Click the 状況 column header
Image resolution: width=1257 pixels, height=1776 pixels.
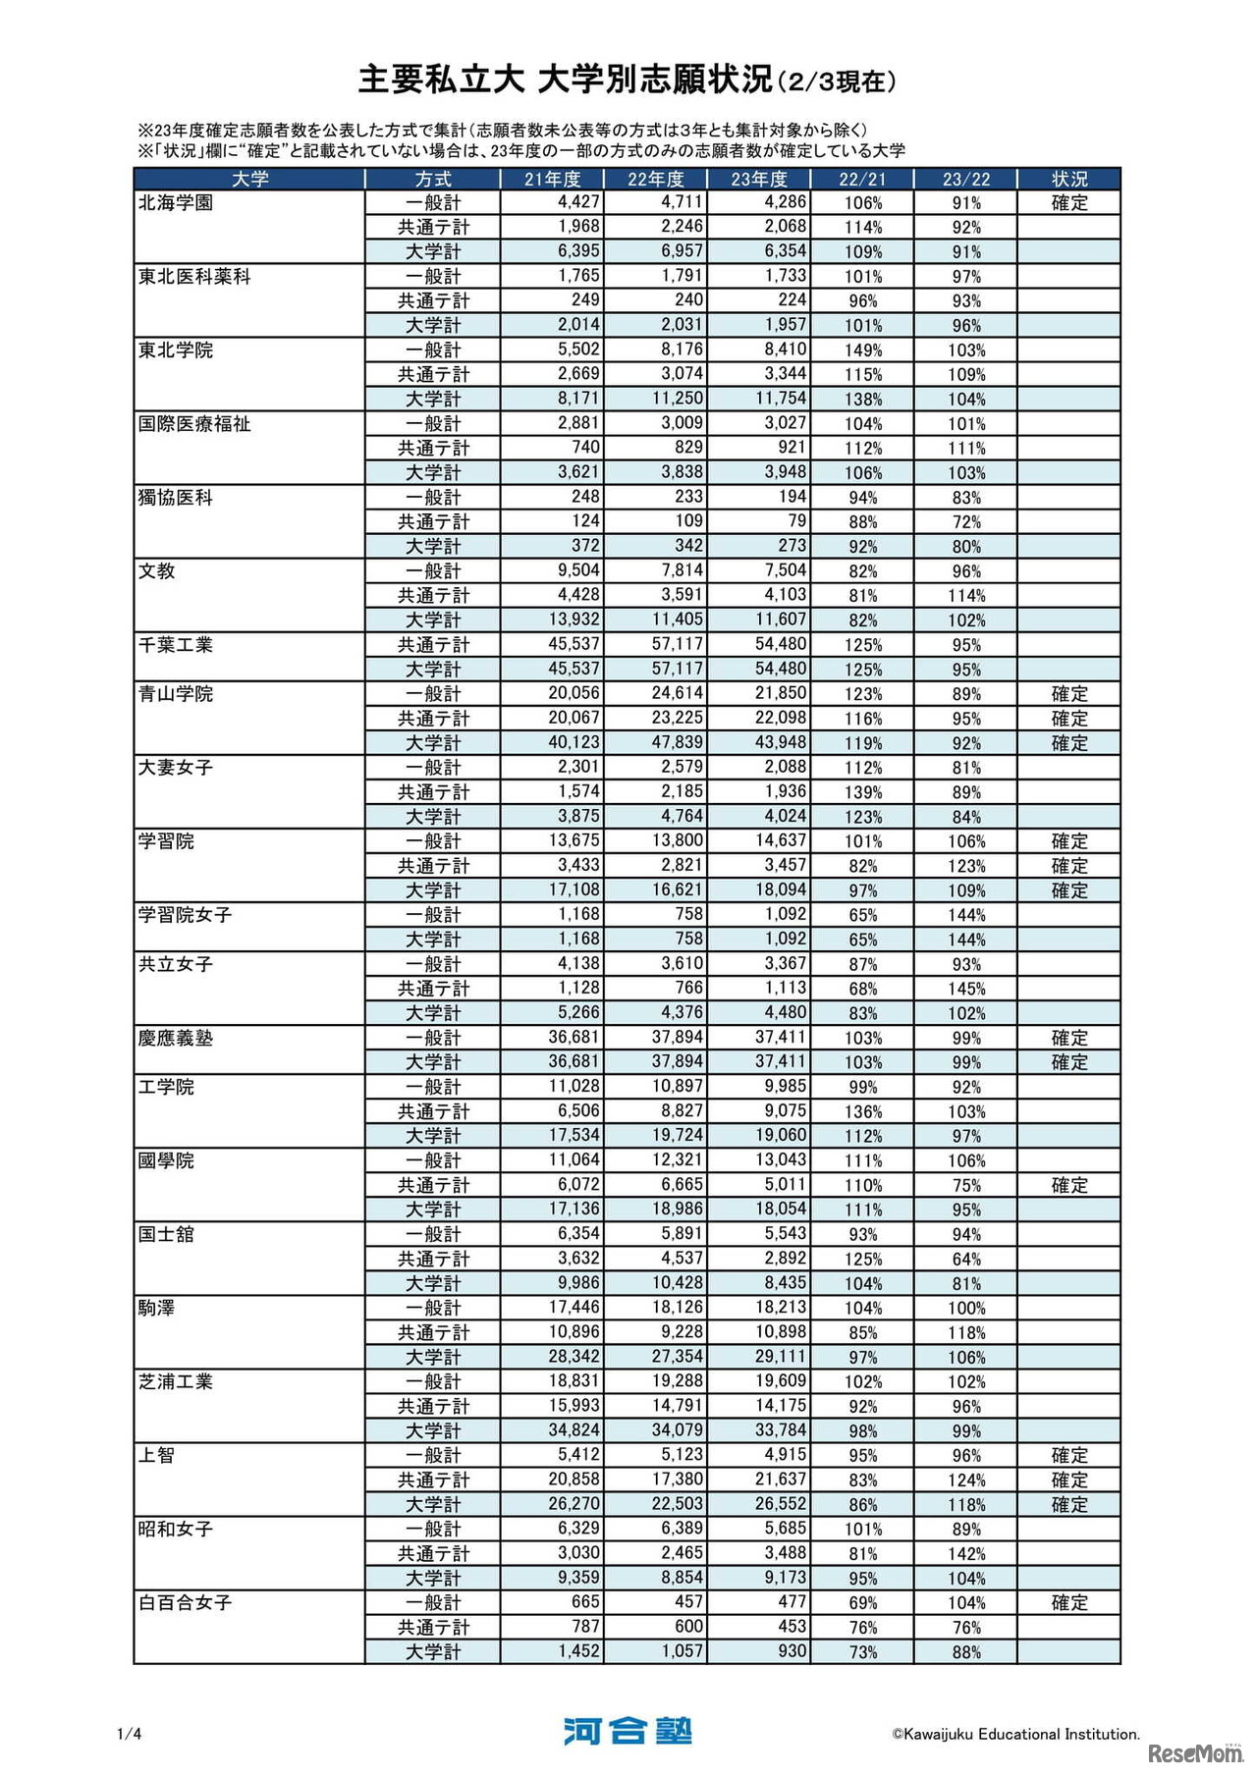(1068, 179)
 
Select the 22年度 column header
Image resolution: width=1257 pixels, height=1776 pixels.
(655, 179)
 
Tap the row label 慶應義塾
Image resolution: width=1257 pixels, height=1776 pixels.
(176, 1038)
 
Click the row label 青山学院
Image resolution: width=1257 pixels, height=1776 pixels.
(176, 694)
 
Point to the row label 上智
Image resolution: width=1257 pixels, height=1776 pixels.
(157, 1455)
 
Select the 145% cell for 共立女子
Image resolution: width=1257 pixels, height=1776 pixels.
(966, 989)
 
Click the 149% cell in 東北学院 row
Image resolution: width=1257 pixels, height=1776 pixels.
(863, 350)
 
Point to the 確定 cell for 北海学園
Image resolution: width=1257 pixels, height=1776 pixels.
(1068, 203)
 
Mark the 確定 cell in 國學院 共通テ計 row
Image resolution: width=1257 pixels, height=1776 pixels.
(1068, 1185)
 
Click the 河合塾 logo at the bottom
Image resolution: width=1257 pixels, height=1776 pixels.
(628, 1731)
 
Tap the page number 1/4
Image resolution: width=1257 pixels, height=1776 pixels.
(130, 1734)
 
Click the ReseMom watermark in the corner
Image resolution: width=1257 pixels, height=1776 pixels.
(1195, 1752)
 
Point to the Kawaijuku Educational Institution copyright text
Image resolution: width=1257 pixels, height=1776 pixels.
(1015, 1734)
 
